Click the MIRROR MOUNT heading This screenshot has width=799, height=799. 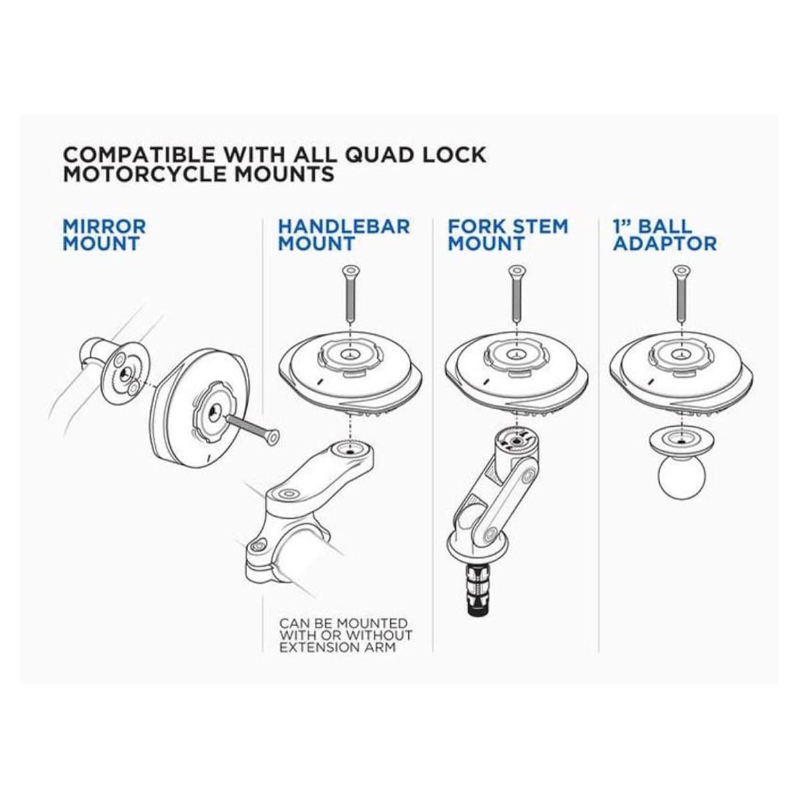pos(105,234)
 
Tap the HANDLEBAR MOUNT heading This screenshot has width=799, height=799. pos(344,234)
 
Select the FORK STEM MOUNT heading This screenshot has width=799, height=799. pos(507,234)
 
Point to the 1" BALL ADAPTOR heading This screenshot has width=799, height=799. pos(665,234)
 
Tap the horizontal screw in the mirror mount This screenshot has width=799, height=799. pos(253,433)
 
